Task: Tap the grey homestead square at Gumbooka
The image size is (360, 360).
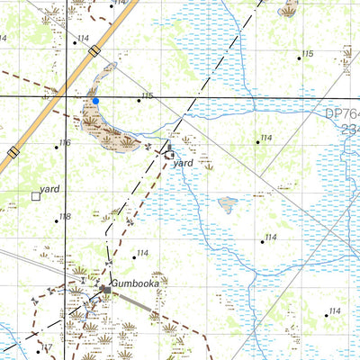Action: pyautogui.click(x=105, y=287)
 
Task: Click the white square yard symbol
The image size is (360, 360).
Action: pyautogui.click(x=36, y=195)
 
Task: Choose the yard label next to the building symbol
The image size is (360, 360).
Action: pyautogui.click(x=184, y=163)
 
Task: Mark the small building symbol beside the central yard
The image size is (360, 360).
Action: pyautogui.click(x=171, y=155)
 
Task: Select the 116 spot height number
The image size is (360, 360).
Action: pyautogui.click(x=64, y=143)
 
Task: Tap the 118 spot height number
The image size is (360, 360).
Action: pyautogui.click(x=64, y=217)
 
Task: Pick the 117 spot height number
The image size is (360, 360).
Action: pyautogui.click(x=46, y=347)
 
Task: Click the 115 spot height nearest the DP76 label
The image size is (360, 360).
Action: pyautogui.click(x=308, y=54)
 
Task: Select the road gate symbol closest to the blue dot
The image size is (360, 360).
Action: pyautogui.click(x=94, y=52)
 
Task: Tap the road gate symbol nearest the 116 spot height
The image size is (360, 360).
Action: pyautogui.click(x=13, y=153)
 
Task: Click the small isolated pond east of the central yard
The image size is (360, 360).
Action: pyautogui.click(x=229, y=203)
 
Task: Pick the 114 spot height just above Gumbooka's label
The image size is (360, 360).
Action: pyautogui.click(x=142, y=253)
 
